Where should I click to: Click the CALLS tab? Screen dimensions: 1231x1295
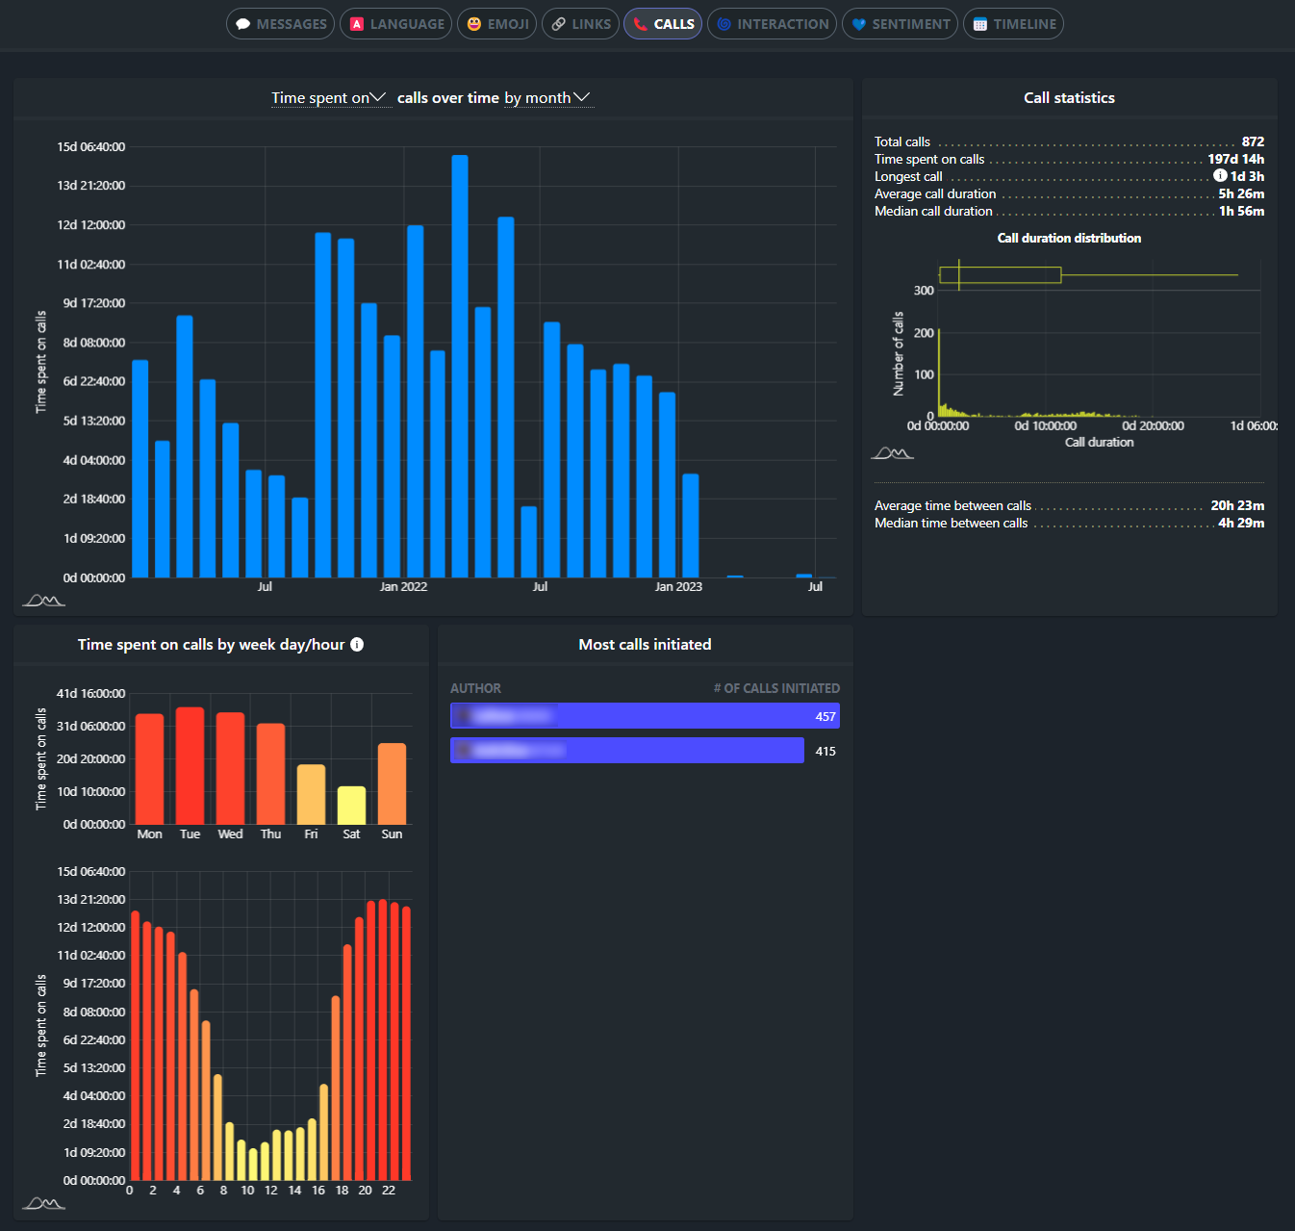tap(663, 24)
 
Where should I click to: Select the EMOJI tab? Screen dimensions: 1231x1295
tap(497, 24)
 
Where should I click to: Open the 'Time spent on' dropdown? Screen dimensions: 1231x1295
tap(329, 98)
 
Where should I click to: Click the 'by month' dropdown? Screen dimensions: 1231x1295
tap(547, 98)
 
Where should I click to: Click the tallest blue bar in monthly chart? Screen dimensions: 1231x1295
tap(460, 366)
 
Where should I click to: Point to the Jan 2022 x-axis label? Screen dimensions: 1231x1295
tap(403, 587)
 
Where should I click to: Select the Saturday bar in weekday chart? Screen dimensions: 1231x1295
tap(351, 806)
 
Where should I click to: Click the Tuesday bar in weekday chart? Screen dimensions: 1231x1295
tap(190, 765)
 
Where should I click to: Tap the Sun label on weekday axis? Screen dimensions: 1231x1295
tap(392, 834)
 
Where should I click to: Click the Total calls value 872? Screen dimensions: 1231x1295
tap(1253, 141)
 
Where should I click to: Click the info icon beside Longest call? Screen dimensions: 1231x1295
tap(1220, 176)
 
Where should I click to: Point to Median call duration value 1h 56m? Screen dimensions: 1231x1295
tap(1241, 211)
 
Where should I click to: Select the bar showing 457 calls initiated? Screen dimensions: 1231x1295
tap(645, 716)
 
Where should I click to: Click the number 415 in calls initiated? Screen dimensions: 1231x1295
tap(825, 752)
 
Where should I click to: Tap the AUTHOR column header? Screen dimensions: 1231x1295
tap(475, 688)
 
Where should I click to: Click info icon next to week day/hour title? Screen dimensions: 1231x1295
tap(357, 645)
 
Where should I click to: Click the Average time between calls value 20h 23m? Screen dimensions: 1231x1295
tap(1237, 505)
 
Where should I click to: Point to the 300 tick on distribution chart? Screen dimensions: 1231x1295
tap(924, 291)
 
